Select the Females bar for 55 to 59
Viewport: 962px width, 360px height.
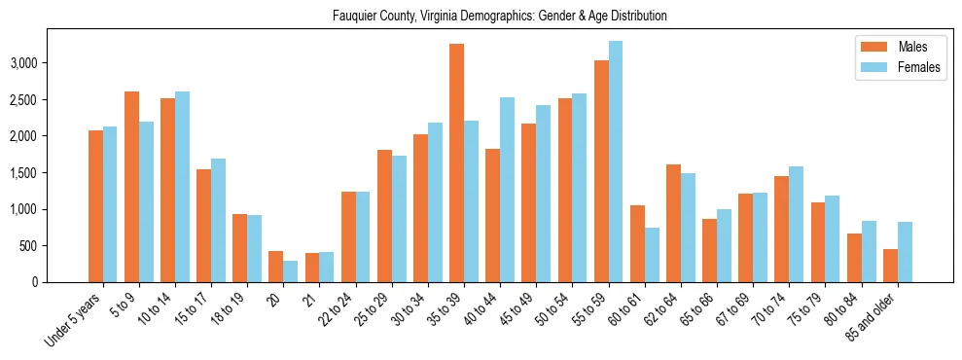click(x=615, y=162)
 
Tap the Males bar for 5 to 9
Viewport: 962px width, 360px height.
click(x=131, y=187)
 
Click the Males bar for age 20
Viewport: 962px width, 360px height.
click(x=275, y=267)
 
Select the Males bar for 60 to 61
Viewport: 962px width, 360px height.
click(x=637, y=243)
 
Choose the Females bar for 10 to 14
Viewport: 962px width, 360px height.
click(x=182, y=187)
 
